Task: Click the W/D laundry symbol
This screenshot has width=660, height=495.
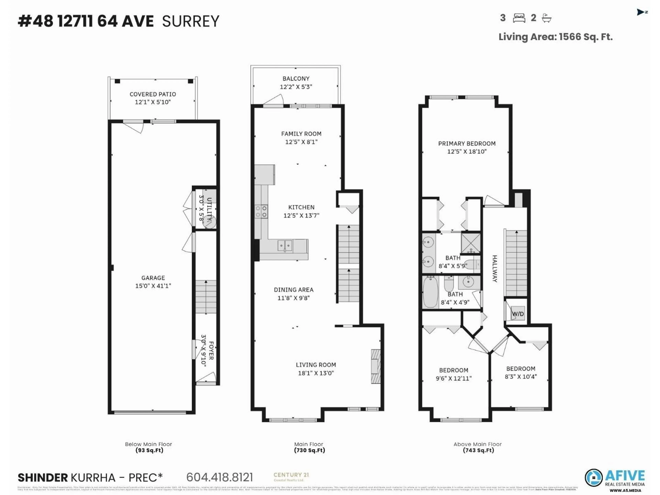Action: (x=518, y=314)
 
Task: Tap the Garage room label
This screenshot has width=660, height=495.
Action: (x=153, y=278)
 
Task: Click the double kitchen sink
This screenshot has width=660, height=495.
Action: (x=285, y=246)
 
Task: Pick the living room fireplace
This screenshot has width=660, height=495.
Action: (x=376, y=366)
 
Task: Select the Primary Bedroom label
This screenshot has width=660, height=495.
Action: (x=467, y=144)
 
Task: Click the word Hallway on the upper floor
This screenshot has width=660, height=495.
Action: (x=494, y=268)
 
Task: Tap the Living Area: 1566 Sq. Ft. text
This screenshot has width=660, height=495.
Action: (x=555, y=37)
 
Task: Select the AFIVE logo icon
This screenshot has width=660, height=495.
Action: (x=593, y=477)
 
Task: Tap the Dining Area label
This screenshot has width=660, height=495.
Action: (x=294, y=290)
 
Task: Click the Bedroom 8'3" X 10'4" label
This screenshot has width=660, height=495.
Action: (x=521, y=369)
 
